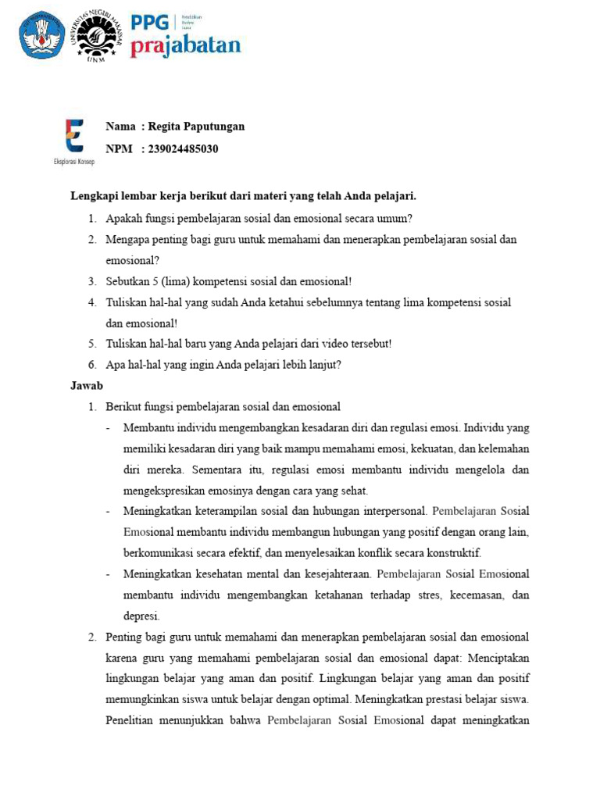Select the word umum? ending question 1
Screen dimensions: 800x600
tap(395, 218)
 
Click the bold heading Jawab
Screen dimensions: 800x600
tap(87, 385)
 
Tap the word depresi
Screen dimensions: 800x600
tap(141, 616)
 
